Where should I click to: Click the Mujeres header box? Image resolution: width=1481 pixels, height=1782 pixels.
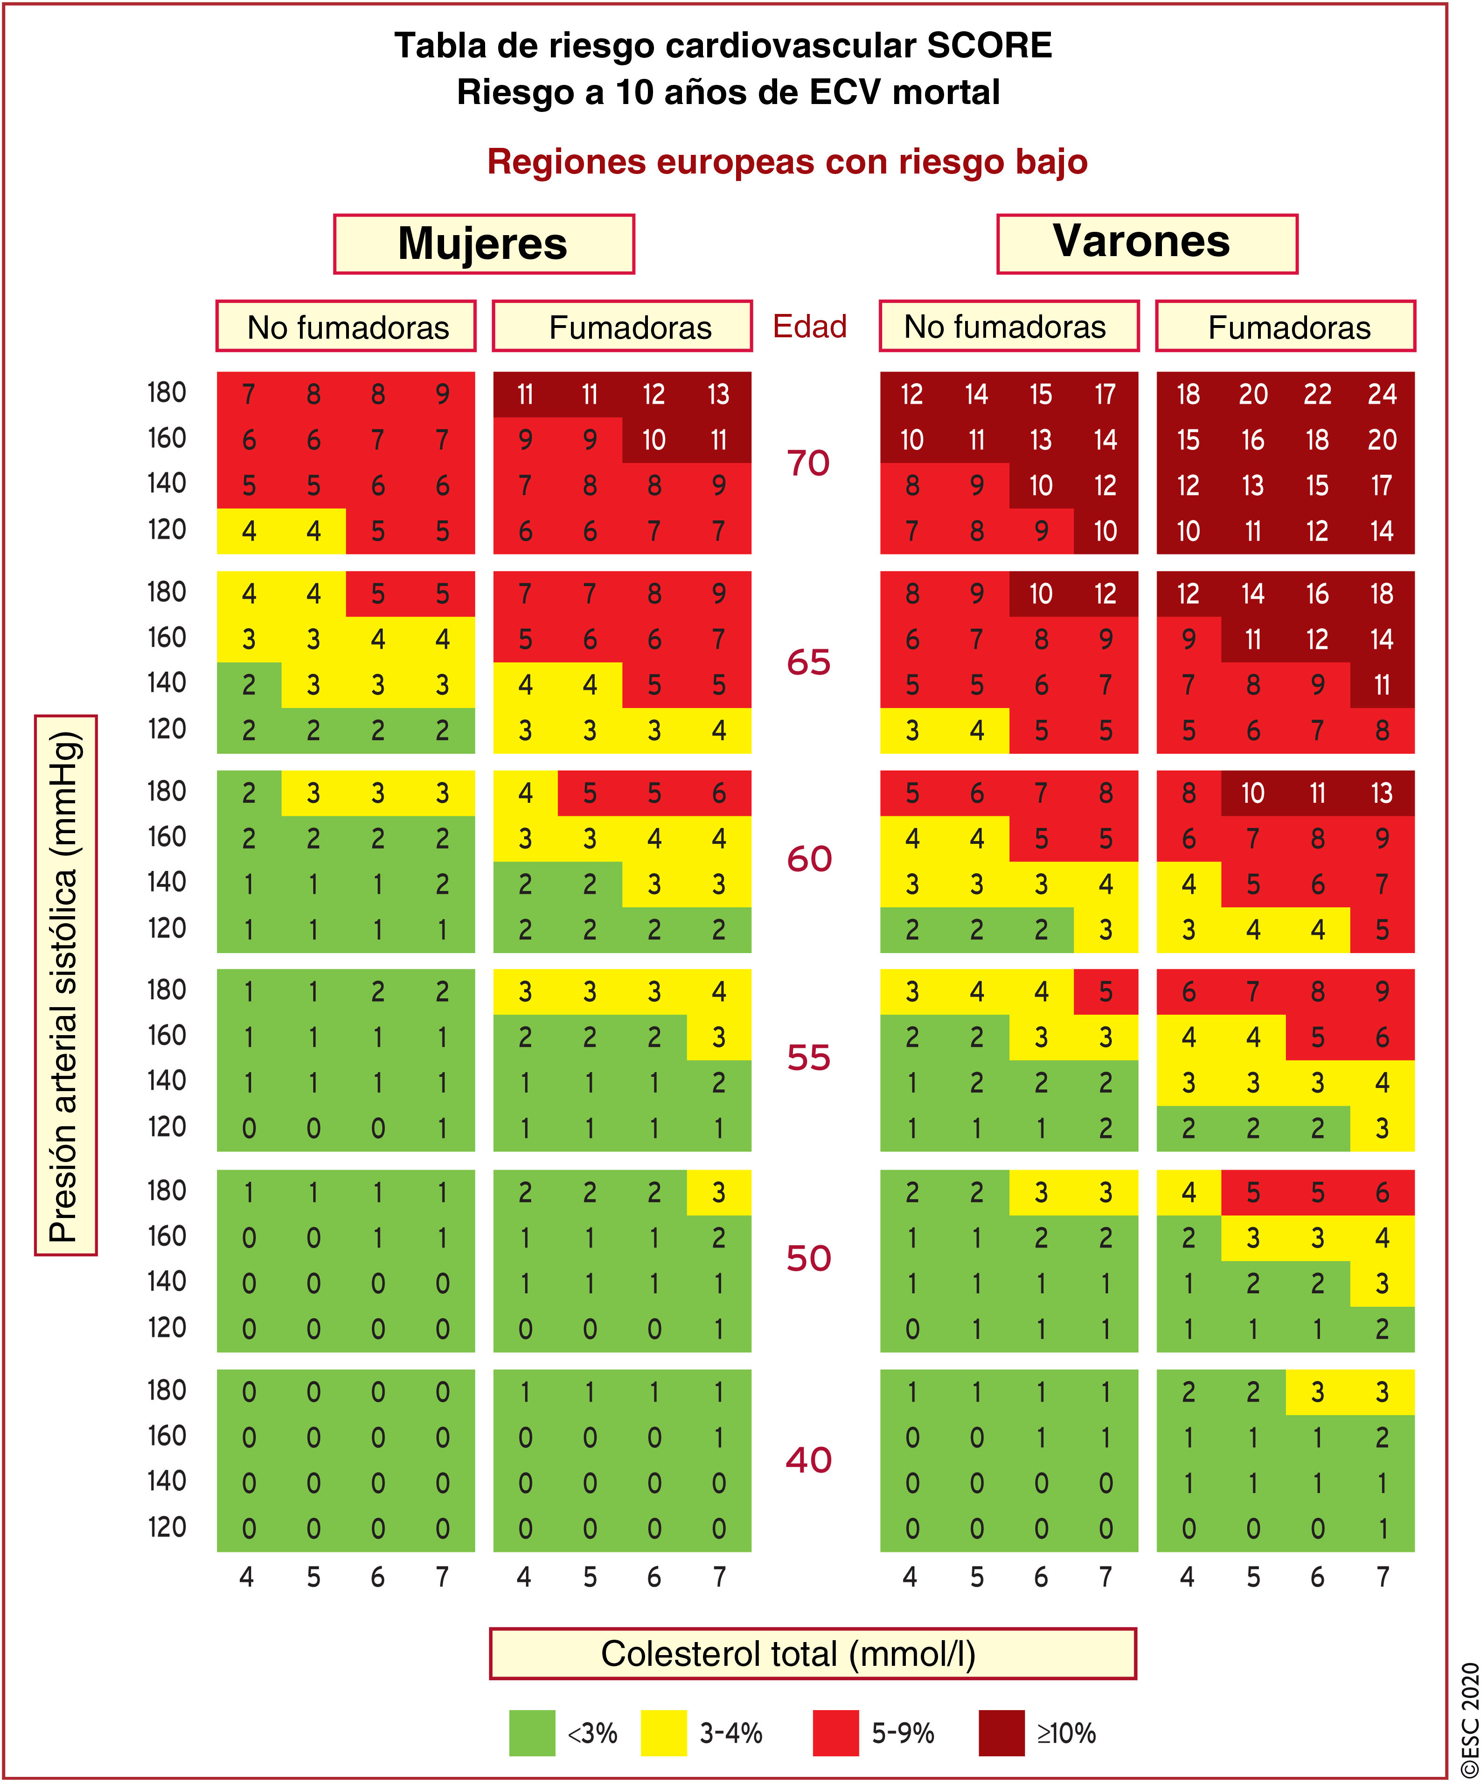(x=484, y=244)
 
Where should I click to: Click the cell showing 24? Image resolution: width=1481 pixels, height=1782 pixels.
(x=1382, y=395)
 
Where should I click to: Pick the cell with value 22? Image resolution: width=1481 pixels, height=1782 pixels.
(x=1317, y=395)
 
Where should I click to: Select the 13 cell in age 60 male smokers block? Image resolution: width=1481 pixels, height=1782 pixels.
(x=1382, y=794)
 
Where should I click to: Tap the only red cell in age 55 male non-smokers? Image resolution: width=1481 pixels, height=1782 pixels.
(x=1105, y=992)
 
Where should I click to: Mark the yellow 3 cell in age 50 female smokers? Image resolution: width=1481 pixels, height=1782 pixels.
(x=719, y=1192)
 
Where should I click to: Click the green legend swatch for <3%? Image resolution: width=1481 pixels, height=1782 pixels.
(x=532, y=1733)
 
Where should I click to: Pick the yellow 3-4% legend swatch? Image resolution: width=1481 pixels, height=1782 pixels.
(x=664, y=1733)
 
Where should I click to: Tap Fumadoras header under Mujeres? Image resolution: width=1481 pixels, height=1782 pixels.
(x=622, y=327)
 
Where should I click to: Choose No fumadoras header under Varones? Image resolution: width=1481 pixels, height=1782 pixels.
(x=1008, y=326)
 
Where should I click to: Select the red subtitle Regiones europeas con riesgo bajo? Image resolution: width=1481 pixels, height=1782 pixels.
(x=787, y=162)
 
